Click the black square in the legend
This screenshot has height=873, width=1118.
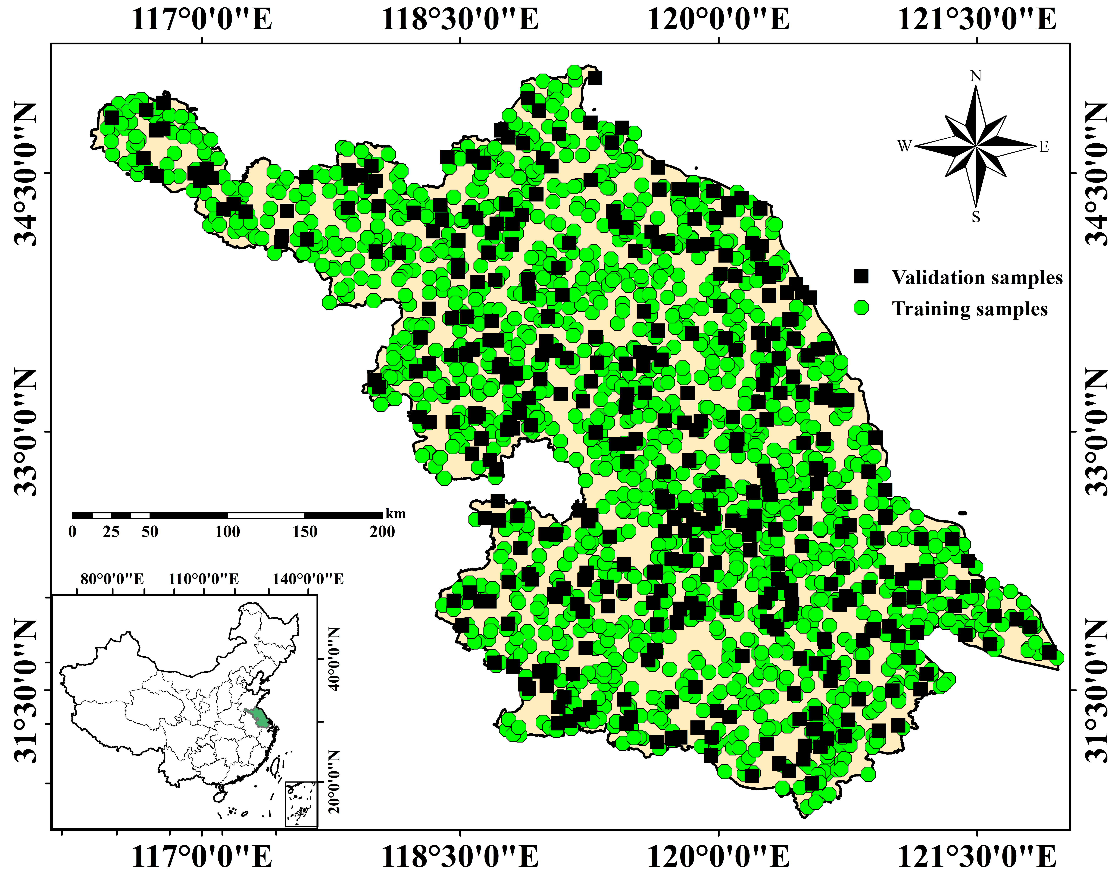(861, 276)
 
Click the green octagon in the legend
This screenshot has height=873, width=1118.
(861, 308)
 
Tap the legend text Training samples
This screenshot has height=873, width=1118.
(970, 309)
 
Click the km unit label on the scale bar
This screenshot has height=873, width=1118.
(396, 514)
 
